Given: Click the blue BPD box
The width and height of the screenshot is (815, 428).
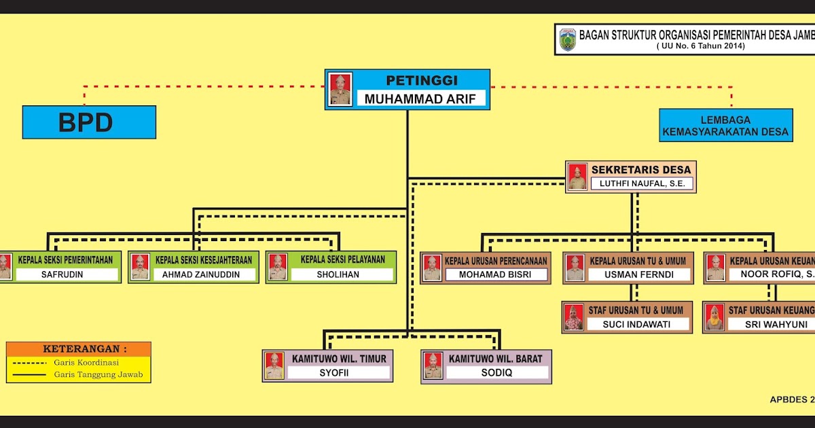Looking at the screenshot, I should [x=89, y=122].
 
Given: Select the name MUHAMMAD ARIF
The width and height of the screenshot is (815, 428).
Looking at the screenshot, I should [x=425, y=99].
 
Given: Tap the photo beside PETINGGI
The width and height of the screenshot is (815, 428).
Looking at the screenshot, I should [x=340, y=89].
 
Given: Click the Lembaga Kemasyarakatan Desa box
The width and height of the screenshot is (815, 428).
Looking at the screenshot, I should [x=725, y=125].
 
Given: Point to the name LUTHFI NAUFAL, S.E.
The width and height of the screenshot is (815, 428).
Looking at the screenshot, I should [x=642, y=183].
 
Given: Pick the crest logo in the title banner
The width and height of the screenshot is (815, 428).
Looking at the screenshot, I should [x=567, y=39].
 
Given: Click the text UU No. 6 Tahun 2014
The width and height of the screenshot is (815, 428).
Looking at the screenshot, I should [x=701, y=46].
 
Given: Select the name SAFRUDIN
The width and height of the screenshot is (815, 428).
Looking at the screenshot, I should [x=67, y=275].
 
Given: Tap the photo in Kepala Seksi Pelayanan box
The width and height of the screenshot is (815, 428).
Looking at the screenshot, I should [x=277, y=267].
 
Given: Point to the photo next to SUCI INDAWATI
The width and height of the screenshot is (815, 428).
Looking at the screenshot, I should [x=574, y=317].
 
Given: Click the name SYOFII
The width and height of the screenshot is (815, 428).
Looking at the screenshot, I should [x=338, y=373].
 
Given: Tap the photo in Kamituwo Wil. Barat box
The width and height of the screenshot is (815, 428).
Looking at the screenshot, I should [x=433, y=366].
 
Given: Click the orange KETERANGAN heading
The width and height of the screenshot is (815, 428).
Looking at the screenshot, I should [x=79, y=349].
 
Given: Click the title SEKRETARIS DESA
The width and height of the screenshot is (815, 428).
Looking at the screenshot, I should [x=641, y=170].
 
